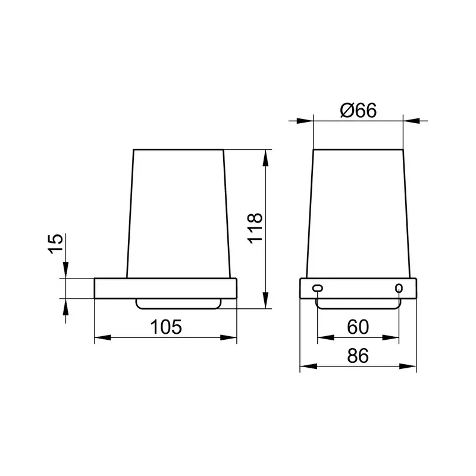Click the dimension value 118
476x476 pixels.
pos(255,228)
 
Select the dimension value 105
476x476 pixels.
pos(166,327)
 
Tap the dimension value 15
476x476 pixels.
pos(55,243)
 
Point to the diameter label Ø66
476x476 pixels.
pos(358,110)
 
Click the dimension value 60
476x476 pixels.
pos(358,327)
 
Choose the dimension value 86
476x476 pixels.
pos(358,356)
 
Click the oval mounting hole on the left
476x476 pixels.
pos(318,288)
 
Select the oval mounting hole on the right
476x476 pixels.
pos(399,288)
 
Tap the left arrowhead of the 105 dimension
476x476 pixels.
pos(102,337)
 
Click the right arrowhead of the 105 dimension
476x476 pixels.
pos(228,337)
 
